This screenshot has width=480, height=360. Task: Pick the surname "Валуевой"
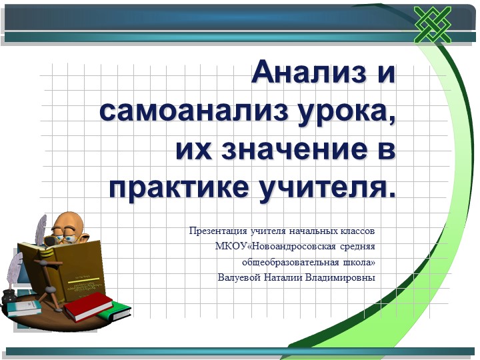[x=237, y=277]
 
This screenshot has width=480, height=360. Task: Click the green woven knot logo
[x=433, y=25]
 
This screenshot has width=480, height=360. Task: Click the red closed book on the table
[x=87, y=305]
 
